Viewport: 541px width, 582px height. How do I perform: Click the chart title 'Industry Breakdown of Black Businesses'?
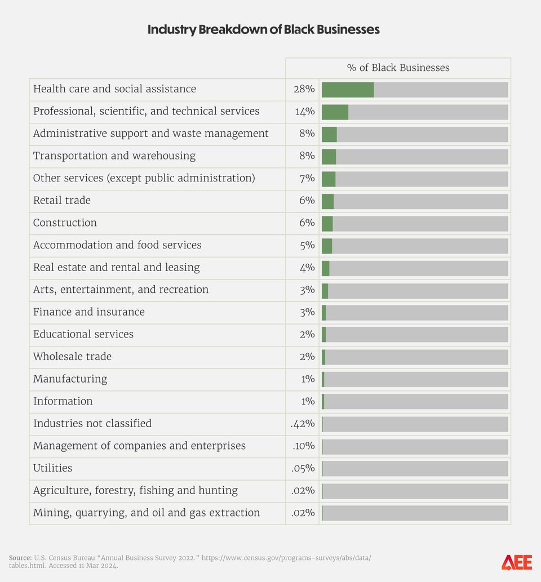click(x=263, y=30)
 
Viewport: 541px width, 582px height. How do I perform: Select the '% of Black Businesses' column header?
click(x=398, y=68)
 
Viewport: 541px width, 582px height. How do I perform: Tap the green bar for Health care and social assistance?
click(x=348, y=90)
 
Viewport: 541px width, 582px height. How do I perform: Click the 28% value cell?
click(x=304, y=90)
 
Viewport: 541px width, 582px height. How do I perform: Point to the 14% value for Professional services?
click(x=304, y=112)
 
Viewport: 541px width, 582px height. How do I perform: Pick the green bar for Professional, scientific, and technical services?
click(x=335, y=112)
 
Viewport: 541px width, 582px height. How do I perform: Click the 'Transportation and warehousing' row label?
click(x=114, y=156)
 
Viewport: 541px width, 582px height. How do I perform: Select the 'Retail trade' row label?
click(x=61, y=201)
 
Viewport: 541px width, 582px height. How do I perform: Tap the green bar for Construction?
click(x=327, y=223)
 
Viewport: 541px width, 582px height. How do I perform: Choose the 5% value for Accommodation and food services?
click(x=307, y=245)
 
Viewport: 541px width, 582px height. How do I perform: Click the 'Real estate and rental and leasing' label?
click(x=116, y=268)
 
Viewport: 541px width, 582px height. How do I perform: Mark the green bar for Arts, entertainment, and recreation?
click(x=325, y=290)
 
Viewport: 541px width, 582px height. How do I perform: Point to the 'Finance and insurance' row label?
click(x=88, y=312)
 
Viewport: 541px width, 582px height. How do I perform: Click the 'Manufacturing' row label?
click(x=70, y=379)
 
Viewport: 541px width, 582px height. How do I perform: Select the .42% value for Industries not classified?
click(x=303, y=424)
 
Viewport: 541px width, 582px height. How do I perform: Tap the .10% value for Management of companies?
click(x=303, y=446)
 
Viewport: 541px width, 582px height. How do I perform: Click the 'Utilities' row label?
click(x=52, y=468)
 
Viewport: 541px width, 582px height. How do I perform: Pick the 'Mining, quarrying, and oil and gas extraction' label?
click(x=147, y=513)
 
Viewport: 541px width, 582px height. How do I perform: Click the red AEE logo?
click(x=516, y=562)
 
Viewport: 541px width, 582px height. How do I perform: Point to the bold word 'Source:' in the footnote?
click(x=20, y=558)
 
